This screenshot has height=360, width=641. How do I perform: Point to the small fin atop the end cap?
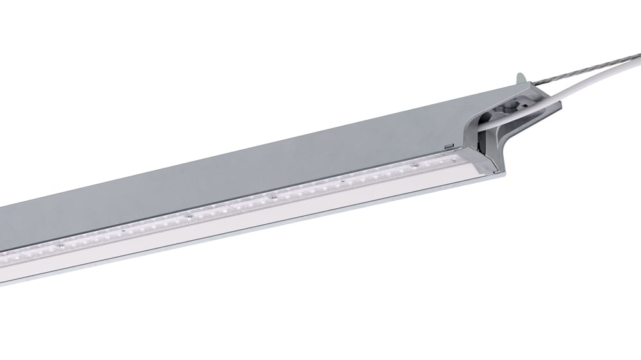[x=521, y=78]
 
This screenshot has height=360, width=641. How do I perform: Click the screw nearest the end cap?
[x=415, y=165]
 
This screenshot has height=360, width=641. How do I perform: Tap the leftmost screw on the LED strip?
[x=58, y=244]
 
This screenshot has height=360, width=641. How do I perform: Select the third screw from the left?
[x=189, y=216]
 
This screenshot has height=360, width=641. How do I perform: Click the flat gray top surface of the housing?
[x=256, y=160]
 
